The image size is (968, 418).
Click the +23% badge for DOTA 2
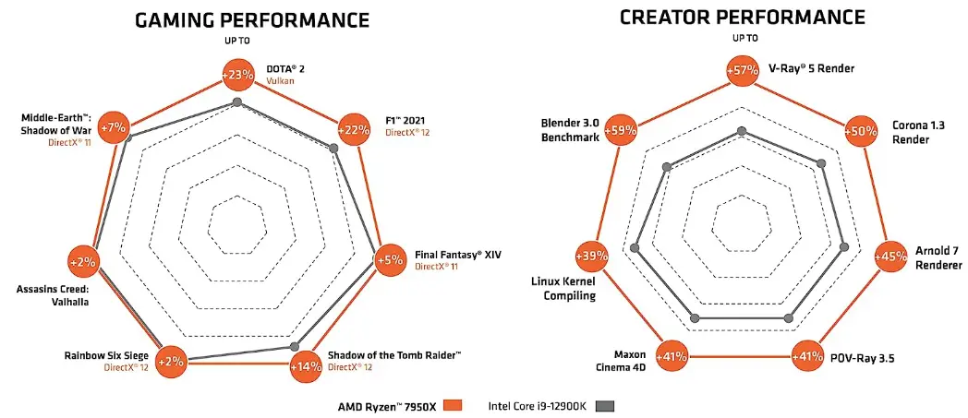(x=237, y=75)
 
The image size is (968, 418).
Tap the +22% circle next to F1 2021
(x=353, y=129)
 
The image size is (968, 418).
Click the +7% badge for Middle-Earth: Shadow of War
(x=115, y=126)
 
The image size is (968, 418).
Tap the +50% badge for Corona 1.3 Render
(x=861, y=131)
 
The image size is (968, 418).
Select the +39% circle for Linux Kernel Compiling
(x=591, y=256)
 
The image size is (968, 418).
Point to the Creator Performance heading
(x=742, y=17)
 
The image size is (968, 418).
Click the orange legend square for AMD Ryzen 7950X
(x=452, y=405)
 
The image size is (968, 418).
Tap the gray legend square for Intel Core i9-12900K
(x=606, y=405)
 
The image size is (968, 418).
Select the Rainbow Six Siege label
(x=105, y=354)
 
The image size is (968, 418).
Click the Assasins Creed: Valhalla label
(x=53, y=294)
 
